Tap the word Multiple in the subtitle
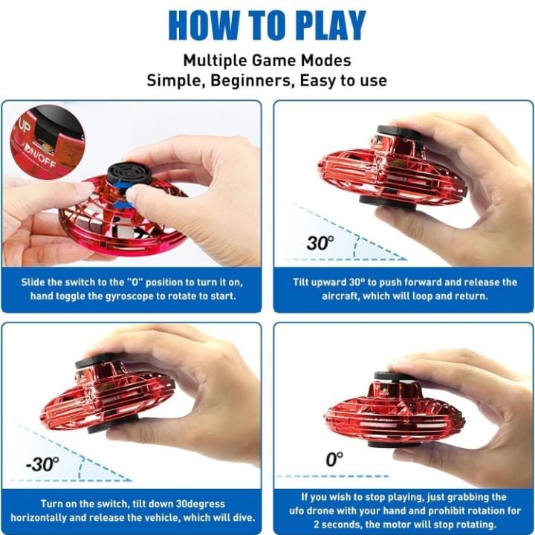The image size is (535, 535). pos(215,60)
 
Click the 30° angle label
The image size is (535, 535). pos(320,242)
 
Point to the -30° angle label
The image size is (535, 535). pos(42,464)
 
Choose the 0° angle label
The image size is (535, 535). pos(335,459)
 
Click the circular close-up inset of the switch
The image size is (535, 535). pos(47,141)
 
